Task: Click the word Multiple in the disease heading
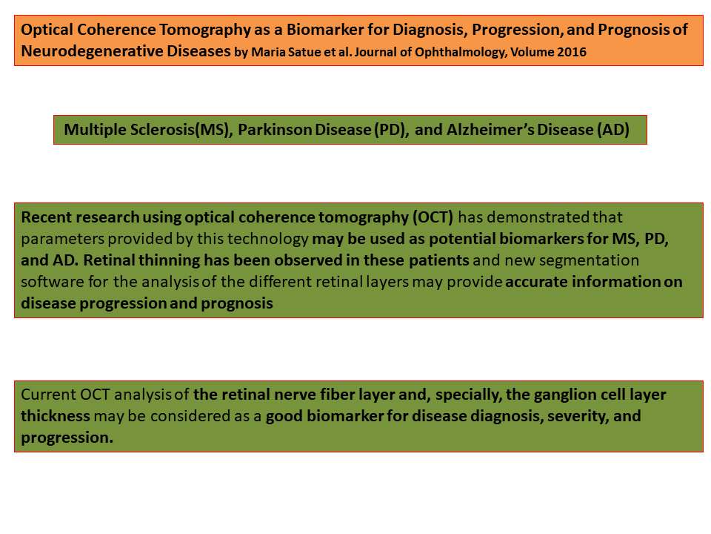96,131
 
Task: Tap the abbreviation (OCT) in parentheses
433,217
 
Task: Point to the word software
52,282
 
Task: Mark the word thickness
56,416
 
